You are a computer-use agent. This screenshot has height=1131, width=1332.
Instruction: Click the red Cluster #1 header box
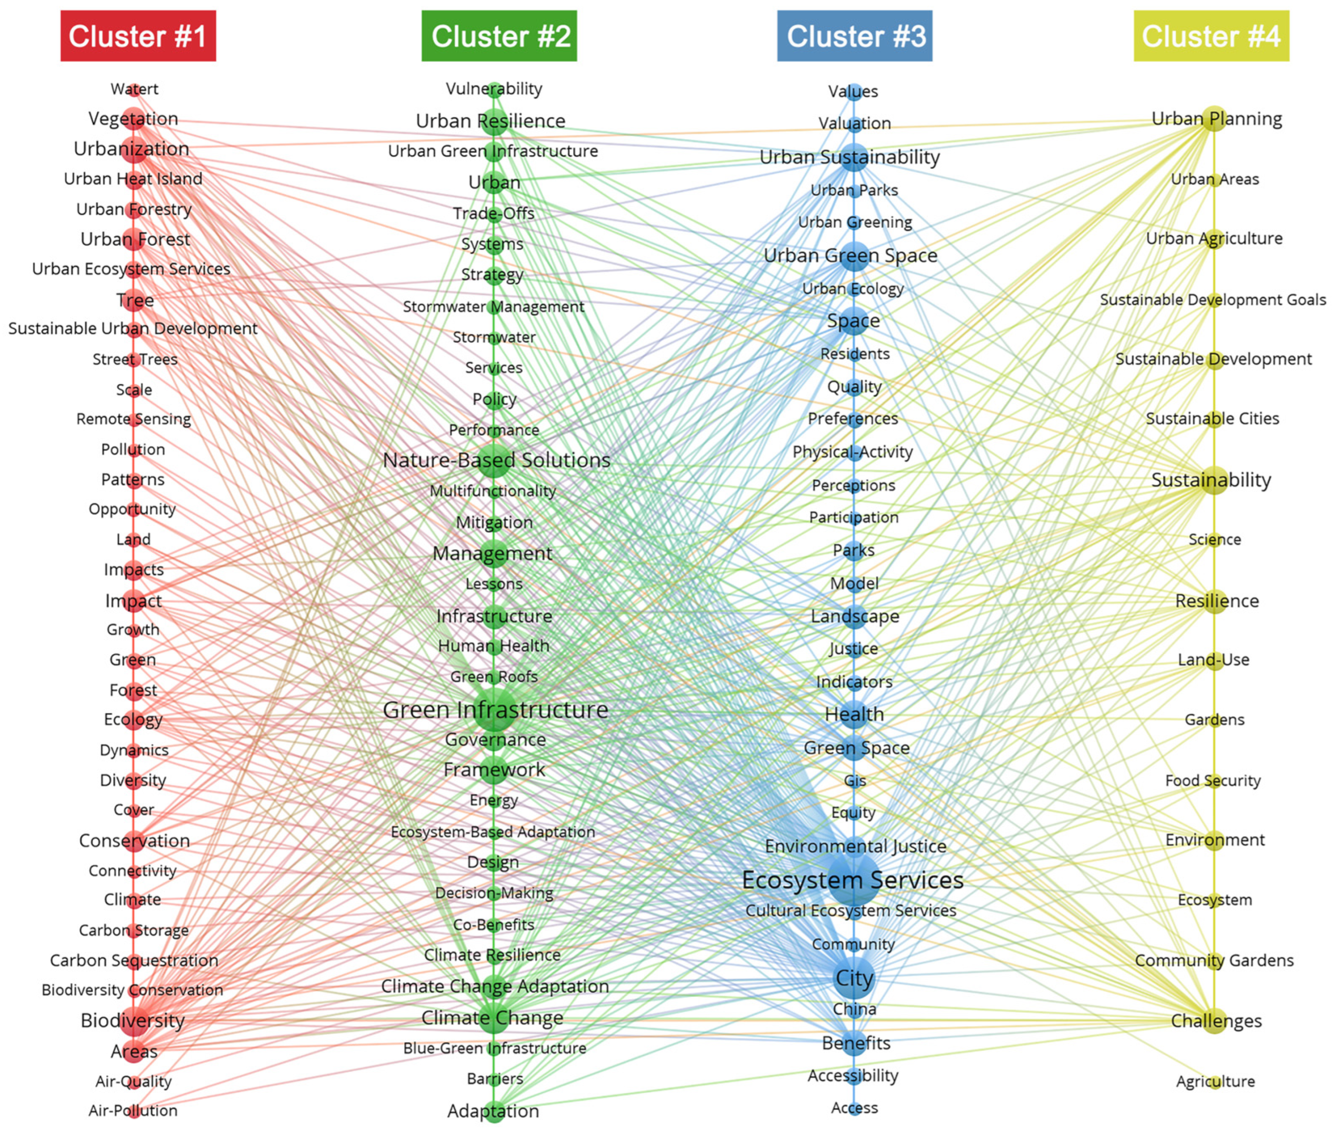138,36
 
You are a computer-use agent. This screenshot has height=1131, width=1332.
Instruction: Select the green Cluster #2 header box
499,36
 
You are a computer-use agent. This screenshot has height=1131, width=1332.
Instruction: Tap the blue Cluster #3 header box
854,36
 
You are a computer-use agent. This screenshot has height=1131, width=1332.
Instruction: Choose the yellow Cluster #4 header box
1211,36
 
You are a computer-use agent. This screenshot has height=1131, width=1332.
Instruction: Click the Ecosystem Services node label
852,880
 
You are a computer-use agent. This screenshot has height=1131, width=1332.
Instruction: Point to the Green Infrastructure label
496,710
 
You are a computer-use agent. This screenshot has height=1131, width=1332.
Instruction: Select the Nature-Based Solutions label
496,460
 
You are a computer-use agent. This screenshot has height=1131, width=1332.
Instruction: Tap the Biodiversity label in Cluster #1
133,1020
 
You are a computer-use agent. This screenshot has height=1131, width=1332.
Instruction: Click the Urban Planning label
1217,119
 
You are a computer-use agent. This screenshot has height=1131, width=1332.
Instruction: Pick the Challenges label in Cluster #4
1216,1021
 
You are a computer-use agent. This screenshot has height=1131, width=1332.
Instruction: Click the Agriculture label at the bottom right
1215,1081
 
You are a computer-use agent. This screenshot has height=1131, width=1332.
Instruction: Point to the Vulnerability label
494,89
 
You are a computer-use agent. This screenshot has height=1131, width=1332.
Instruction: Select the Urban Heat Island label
133,178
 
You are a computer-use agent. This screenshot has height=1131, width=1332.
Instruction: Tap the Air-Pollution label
133,1110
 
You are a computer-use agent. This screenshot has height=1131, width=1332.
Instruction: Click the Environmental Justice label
856,846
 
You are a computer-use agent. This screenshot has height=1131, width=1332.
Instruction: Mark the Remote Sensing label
133,419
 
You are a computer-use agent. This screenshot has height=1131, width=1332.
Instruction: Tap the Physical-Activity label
852,452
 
